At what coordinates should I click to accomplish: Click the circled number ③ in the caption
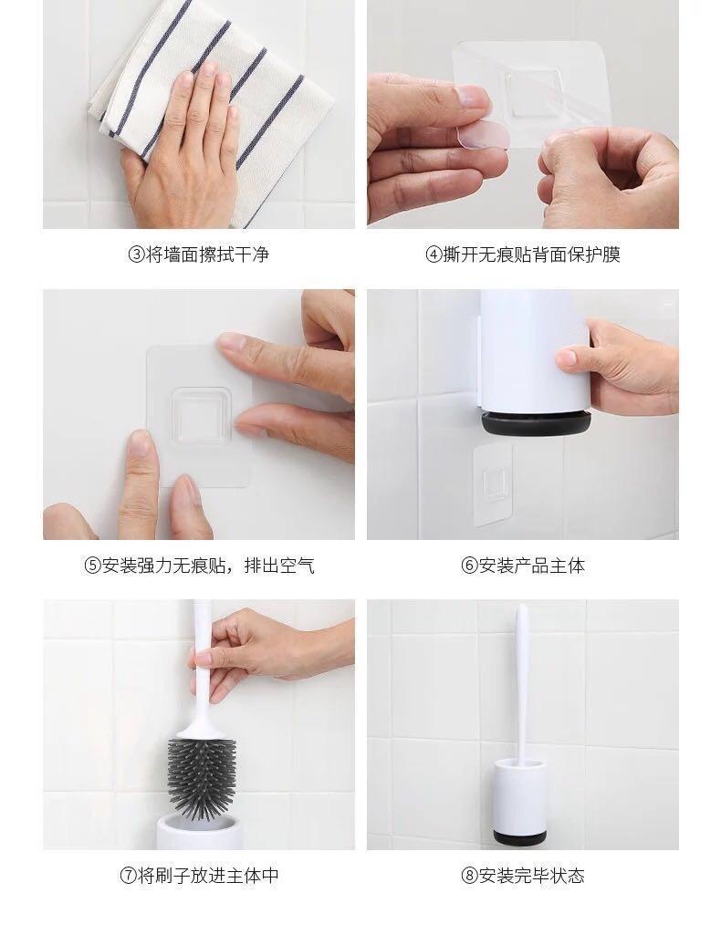(x=136, y=254)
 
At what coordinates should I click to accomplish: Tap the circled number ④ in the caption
(x=434, y=254)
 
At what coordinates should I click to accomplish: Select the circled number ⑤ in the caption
(x=92, y=566)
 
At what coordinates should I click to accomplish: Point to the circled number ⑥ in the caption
(x=470, y=566)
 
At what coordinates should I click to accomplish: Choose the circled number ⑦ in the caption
(x=129, y=876)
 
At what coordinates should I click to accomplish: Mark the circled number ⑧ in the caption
(x=470, y=876)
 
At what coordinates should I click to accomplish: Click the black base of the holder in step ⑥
(x=536, y=422)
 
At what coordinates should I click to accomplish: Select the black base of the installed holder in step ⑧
(x=521, y=837)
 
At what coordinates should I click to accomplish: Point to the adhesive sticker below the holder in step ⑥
(x=494, y=484)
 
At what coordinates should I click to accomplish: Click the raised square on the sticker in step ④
(x=530, y=93)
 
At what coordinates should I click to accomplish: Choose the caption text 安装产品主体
(x=532, y=566)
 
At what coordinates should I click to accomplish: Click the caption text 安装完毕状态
(x=532, y=876)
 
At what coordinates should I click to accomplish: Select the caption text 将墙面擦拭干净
(x=208, y=254)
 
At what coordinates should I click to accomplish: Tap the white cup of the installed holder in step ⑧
(x=521, y=795)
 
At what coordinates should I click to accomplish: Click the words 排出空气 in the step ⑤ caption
(x=279, y=566)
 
